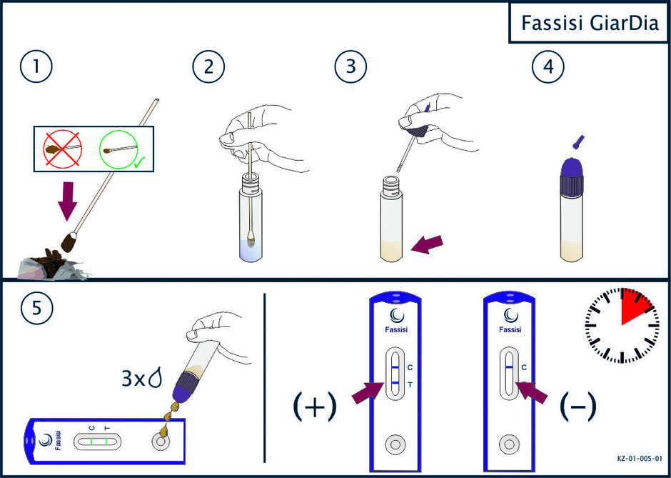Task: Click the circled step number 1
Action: (x=36, y=69)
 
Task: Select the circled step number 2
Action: (x=209, y=69)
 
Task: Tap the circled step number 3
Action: (x=351, y=69)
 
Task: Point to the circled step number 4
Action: (x=548, y=69)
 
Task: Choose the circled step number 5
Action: (x=36, y=309)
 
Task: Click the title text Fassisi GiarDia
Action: (x=590, y=23)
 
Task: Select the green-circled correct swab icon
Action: (x=119, y=149)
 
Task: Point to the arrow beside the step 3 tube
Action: (x=427, y=244)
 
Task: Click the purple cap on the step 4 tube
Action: (x=572, y=175)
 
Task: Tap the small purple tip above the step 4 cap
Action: (x=576, y=141)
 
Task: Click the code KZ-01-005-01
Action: (x=640, y=458)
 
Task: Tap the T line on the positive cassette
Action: (x=395, y=382)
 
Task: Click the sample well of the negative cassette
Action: (x=508, y=444)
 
